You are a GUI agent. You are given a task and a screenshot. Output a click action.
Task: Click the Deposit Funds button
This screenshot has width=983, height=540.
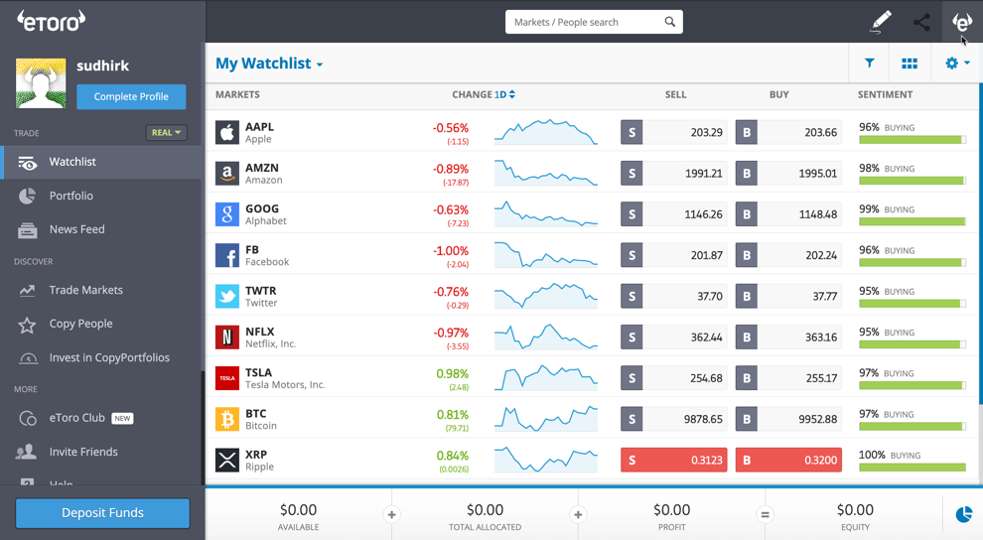pos(102,512)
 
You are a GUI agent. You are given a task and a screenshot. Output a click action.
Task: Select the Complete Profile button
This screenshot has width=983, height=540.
pos(131,96)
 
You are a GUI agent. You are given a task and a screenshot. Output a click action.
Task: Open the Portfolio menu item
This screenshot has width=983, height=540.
pos(71,196)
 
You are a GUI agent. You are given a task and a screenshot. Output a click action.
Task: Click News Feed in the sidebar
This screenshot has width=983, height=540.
pos(76,229)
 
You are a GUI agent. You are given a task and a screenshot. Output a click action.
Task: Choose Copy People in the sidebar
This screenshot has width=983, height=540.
pos(80,324)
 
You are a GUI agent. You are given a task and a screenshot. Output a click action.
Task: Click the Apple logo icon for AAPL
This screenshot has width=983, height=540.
pos(227,132)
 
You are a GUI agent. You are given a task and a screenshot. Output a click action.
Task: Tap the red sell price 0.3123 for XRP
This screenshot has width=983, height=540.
pos(674,461)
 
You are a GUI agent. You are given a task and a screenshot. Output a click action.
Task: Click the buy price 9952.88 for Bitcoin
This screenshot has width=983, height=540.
pos(788,419)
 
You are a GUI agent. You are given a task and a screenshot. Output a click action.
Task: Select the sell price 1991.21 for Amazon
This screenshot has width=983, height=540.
pos(674,174)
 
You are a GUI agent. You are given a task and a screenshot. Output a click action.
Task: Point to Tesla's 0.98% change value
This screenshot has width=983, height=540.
pos(452,373)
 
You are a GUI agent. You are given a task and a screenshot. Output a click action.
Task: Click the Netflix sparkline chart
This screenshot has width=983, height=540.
pos(546,337)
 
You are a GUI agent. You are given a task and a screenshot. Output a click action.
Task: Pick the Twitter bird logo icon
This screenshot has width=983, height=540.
pos(227,296)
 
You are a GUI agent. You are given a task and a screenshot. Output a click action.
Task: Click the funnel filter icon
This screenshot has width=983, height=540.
pos(870,64)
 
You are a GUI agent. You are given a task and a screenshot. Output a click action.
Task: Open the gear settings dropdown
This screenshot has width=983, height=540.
pos(957,64)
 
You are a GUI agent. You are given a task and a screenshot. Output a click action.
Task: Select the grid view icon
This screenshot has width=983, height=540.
pos(910,64)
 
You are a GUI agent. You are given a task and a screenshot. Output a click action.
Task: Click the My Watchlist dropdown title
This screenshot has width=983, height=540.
pos(269,64)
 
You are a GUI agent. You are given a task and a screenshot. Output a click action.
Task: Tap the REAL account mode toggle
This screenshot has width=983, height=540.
pos(166,132)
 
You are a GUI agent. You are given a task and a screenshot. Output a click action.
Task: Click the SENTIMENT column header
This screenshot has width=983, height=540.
pos(885,94)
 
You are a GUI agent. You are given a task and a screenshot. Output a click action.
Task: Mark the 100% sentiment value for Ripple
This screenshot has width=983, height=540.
pos(872,455)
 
